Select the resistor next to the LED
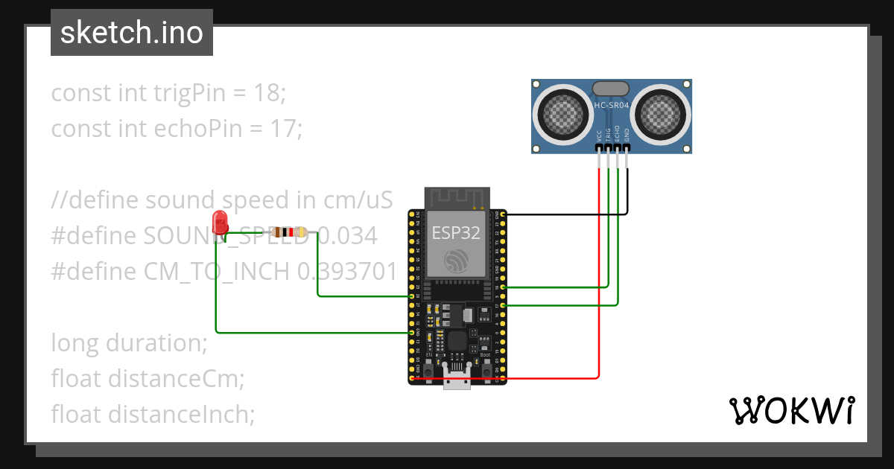coord(289,232)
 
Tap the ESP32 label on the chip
coord(457,232)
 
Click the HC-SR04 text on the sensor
coord(612,106)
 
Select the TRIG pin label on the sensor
coord(609,135)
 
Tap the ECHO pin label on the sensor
coord(618,135)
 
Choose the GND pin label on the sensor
coord(627,135)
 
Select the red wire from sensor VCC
coord(598,298)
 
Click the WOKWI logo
coord(791,410)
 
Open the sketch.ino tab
coord(132,33)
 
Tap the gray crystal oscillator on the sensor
coord(612,88)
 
